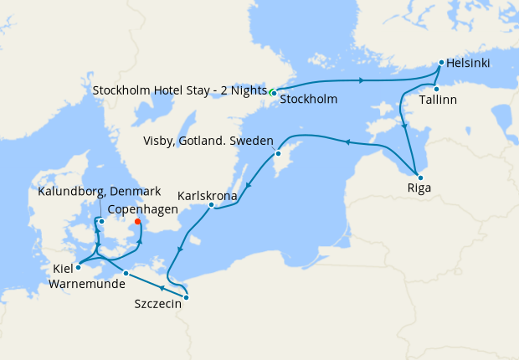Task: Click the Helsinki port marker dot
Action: (441, 62)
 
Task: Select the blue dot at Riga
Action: (420, 177)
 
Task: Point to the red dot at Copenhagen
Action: (137, 222)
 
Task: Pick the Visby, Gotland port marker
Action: (277, 154)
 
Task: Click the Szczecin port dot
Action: (186, 297)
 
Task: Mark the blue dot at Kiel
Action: (77, 268)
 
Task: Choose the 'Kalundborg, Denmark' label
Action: (100, 193)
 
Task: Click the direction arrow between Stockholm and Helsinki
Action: (362, 80)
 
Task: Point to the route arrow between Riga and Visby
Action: (345, 141)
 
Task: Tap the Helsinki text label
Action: (468, 63)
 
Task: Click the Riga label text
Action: (419, 188)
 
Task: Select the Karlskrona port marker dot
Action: (211, 204)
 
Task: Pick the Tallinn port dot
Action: (436, 88)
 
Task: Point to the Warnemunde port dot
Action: (126, 274)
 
